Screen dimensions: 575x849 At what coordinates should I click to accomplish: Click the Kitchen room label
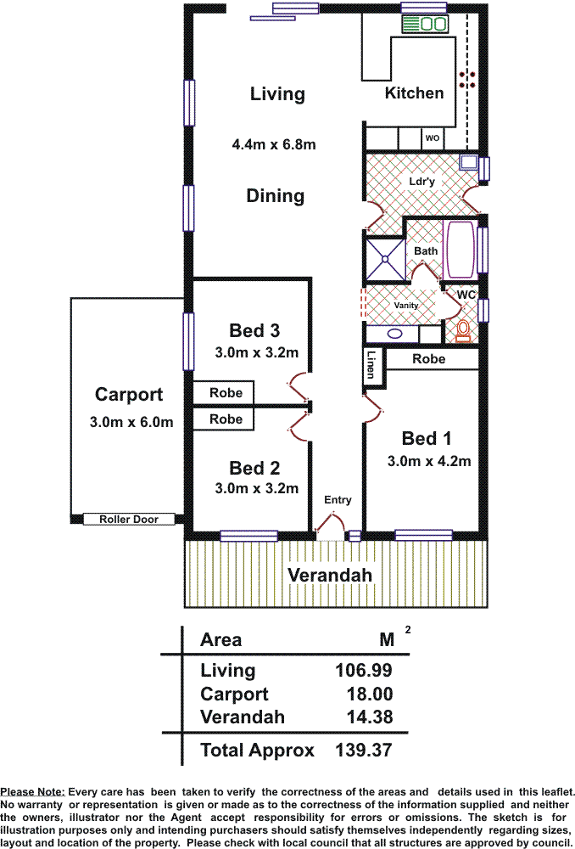pos(414,93)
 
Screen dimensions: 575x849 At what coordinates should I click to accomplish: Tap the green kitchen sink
pos(425,23)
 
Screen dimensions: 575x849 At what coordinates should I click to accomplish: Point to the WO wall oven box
pos(433,138)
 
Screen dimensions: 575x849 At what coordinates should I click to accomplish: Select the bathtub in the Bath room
pos(461,249)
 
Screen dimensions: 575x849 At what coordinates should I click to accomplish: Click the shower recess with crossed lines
pos(385,259)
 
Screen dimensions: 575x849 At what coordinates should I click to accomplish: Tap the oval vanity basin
pos(395,334)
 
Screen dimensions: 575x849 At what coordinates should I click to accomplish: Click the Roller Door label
pos(129,520)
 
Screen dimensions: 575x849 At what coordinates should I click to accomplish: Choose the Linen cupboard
pos(372,367)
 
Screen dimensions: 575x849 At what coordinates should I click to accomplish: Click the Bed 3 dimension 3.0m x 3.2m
pos(256,352)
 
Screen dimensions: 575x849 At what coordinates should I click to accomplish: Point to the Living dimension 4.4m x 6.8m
pos(274,144)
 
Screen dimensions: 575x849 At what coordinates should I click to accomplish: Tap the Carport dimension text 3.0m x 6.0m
pos(131,422)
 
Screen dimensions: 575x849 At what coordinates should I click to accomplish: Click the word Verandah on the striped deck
pos(329,575)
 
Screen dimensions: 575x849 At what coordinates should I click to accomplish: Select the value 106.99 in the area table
pos(364,671)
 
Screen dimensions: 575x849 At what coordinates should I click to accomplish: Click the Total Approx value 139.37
pos(364,750)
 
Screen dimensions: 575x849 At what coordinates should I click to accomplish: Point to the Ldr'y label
pos(421,182)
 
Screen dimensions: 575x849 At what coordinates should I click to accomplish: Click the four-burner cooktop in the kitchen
pos(467,80)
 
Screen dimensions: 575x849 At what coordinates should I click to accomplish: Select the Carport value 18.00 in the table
pos(370,694)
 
